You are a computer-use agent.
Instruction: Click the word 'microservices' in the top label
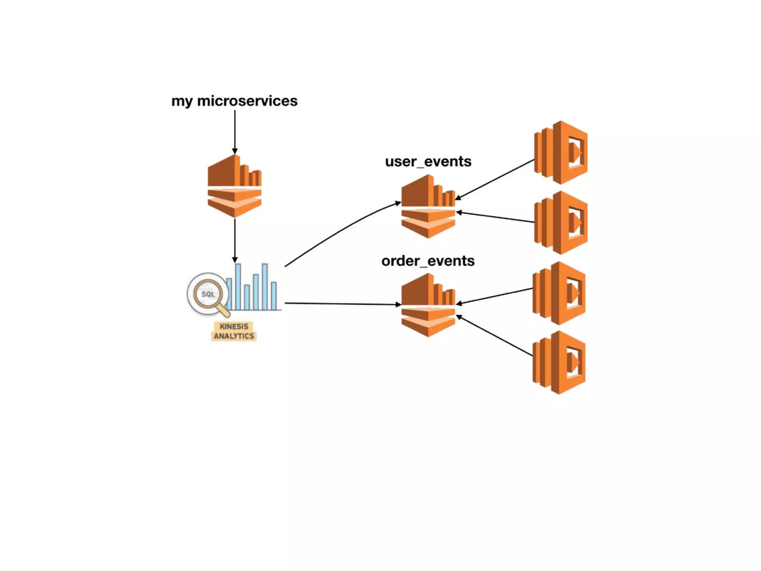247,101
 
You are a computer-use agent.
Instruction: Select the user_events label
428,162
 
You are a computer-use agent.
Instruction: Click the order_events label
428,261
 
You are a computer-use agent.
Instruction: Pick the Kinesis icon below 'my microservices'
234,186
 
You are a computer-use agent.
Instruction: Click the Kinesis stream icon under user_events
428,207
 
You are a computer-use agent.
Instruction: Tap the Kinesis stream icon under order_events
428,305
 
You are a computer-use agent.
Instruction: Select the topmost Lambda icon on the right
561,152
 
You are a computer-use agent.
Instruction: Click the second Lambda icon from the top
561,223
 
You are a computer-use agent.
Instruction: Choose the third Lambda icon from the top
559,293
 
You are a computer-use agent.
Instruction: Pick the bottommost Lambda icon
559,362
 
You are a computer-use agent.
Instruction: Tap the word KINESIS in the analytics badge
234,326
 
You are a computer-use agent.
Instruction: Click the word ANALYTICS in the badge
234,336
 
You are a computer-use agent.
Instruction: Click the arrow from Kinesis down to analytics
234,240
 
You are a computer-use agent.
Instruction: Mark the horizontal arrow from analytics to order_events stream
342,304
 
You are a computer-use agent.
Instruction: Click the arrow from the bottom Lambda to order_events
494,336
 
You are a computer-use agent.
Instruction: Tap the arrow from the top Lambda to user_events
494,180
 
